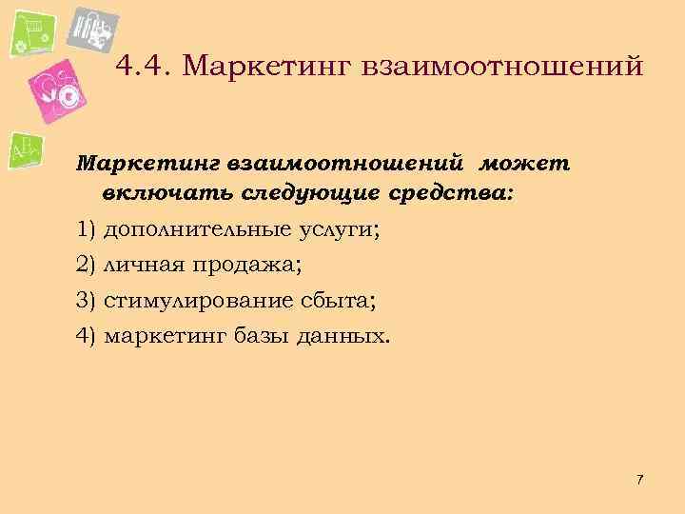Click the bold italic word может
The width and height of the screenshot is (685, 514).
click(529, 163)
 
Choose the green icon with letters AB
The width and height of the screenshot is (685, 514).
click(26, 150)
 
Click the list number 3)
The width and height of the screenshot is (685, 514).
click(87, 302)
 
